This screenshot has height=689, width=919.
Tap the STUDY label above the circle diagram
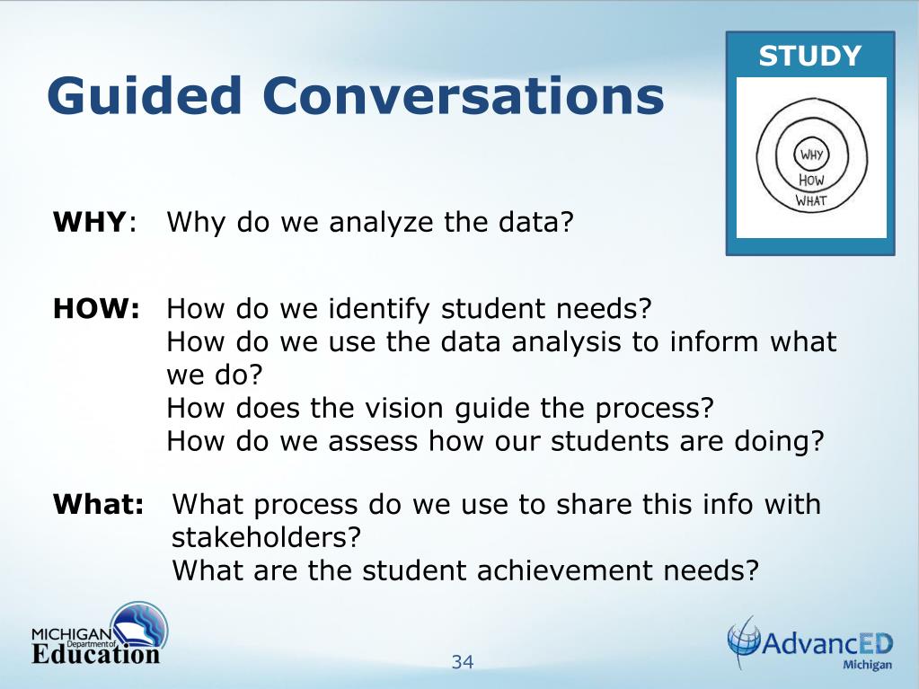coord(809,56)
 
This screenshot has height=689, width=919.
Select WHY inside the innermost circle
coord(810,155)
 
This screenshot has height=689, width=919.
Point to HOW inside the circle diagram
coord(810,180)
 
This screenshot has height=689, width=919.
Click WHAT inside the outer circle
coord(810,201)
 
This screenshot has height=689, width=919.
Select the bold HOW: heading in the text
coord(96,309)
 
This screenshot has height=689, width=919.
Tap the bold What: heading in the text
coord(99,504)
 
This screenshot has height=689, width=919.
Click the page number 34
coord(463,662)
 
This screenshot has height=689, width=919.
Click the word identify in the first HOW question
coord(381,309)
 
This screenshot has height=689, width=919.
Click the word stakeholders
coord(265,537)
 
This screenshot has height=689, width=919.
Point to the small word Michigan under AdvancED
coord(867,665)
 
